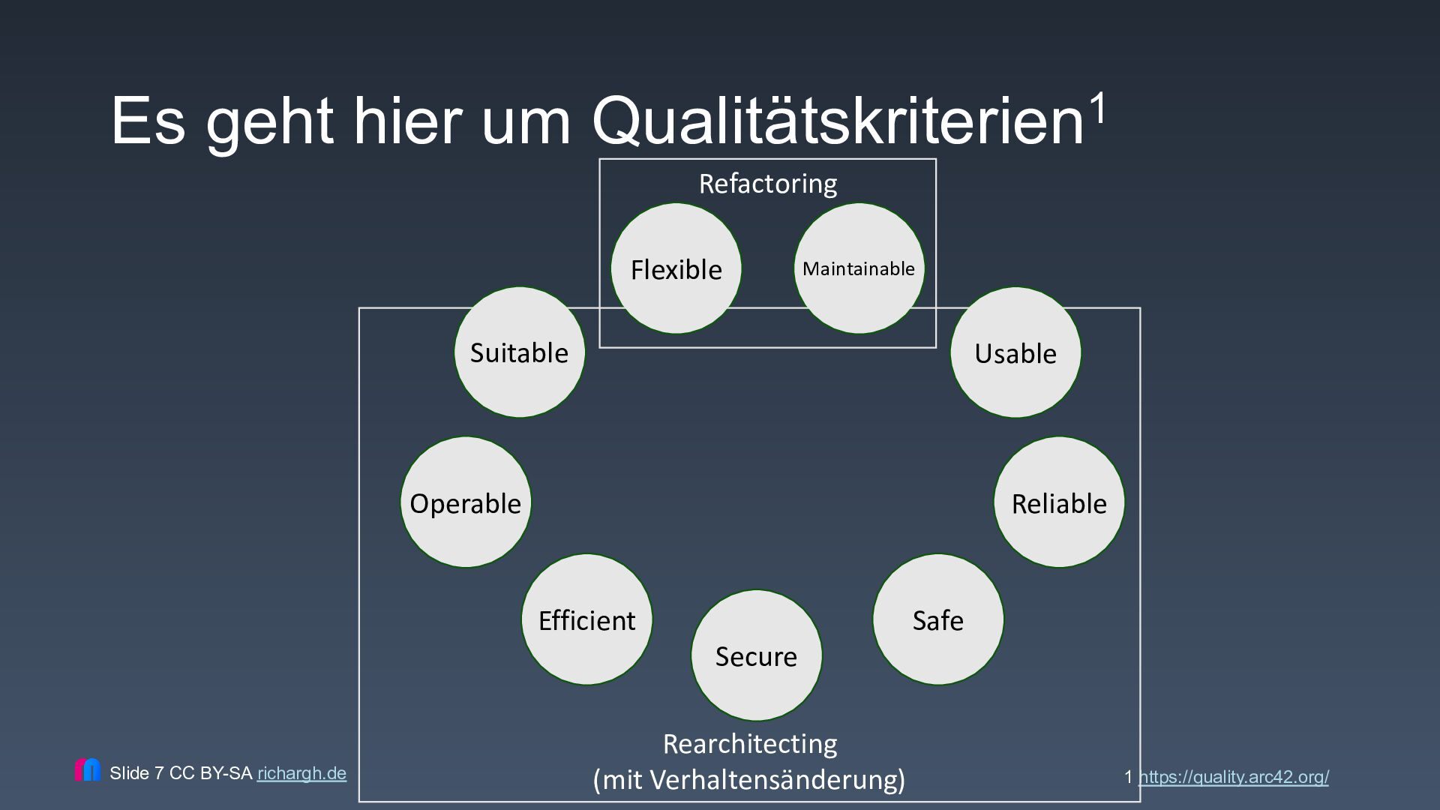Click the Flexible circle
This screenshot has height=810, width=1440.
click(676, 268)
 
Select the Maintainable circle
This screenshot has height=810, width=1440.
click(859, 268)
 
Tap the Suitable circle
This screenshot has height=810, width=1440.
click(519, 352)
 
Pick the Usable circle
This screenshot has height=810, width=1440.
click(1015, 352)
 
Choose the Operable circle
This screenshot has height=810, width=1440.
click(466, 502)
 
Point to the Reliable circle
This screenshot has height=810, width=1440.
click(1059, 502)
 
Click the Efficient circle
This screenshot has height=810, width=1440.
click(586, 619)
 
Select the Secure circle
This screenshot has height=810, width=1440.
click(756, 655)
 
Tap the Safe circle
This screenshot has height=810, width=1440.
click(937, 619)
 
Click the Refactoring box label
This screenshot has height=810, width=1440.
click(768, 184)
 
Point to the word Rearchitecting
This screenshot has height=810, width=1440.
click(750, 744)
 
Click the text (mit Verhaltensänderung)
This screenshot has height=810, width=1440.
click(749, 780)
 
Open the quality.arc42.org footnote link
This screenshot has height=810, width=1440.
click(1233, 777)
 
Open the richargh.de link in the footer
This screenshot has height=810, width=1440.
click(301, 773)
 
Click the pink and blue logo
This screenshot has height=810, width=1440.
click(88, 770)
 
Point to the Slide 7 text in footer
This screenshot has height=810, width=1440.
click(136, 773)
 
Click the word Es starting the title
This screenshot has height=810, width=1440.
click(148, 121)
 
